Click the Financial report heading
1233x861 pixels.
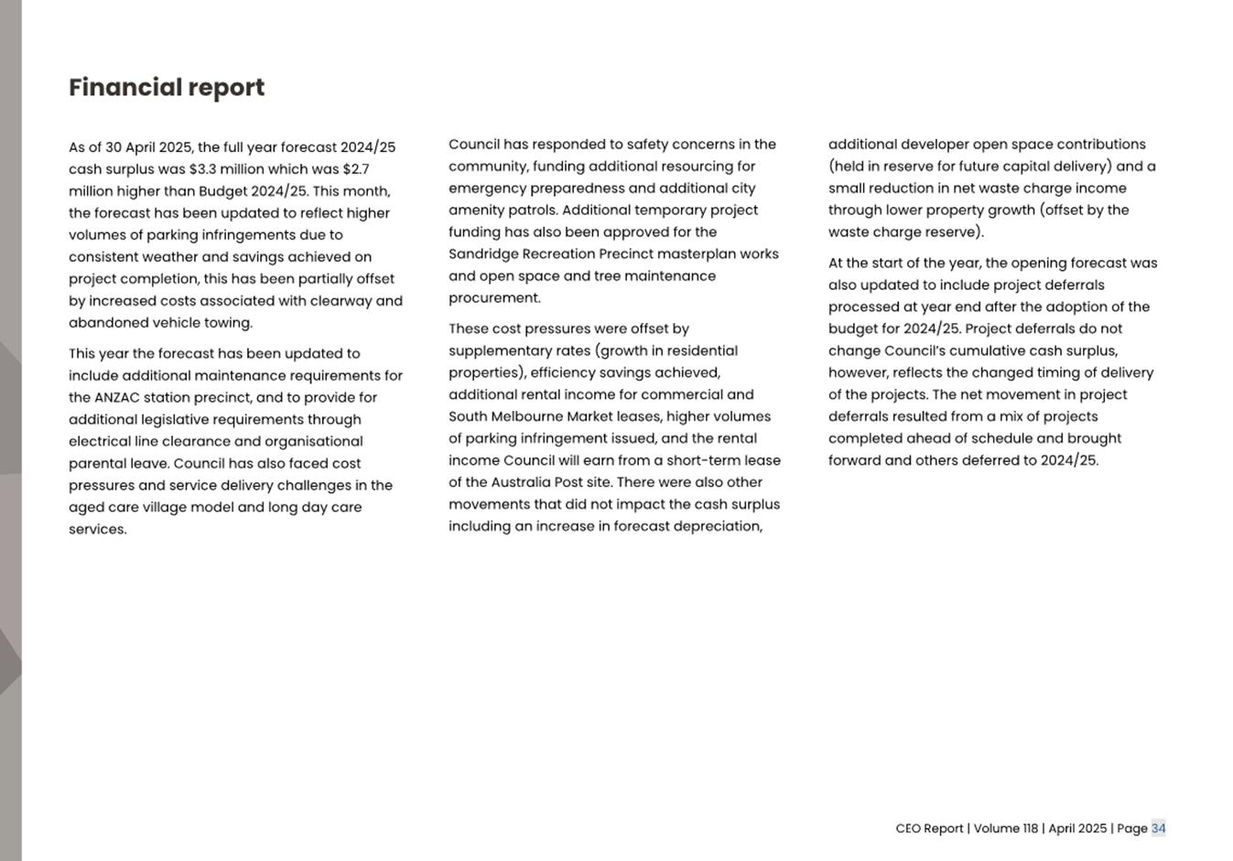click(x=167, y=88)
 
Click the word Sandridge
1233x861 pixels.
click(x=481, y=254)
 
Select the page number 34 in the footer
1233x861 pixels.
click(x=1158, y=829)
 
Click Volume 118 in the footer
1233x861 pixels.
click(x=1005, y=829)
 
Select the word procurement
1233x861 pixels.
click(x=493, y=298)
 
